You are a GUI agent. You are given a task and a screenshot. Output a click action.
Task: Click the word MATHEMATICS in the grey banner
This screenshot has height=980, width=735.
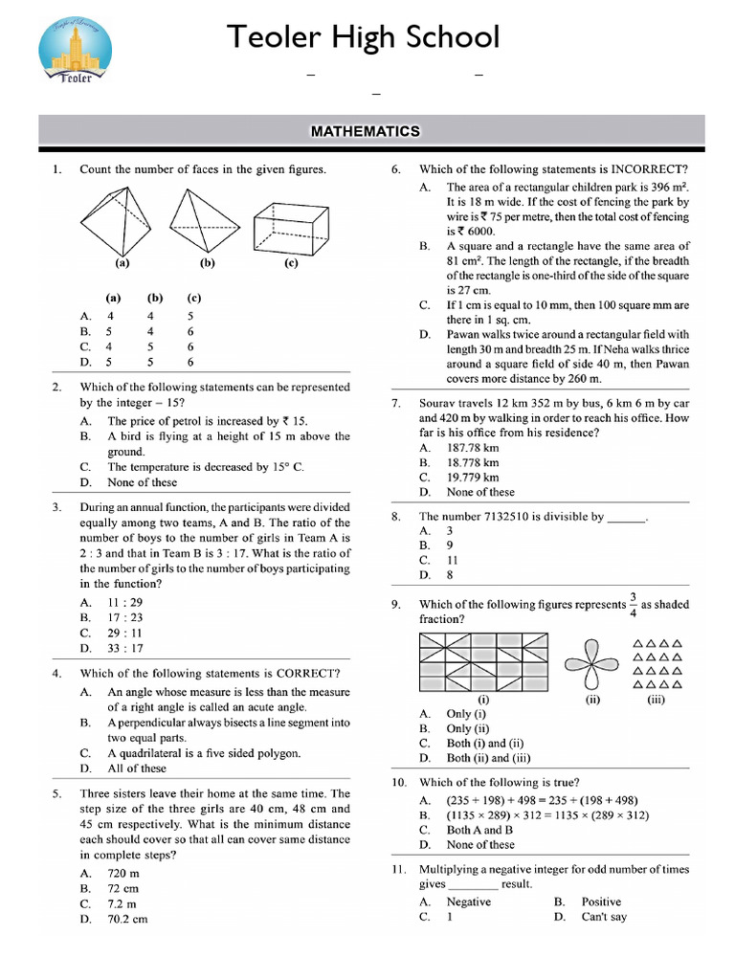pyautogui.click(x=366, y=131)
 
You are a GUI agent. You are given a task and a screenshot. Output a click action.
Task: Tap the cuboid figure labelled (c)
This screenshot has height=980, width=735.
pyautogui.click(x=291, y=226)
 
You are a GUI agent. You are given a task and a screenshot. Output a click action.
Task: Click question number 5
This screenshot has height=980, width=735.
pyautogui.click(x=57, y=793)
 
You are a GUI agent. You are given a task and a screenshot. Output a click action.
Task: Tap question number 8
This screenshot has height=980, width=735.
pyautogui.click(x=396, y=517)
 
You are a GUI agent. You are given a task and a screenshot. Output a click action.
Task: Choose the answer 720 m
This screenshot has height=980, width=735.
pyautogui.click(x=123, y=874)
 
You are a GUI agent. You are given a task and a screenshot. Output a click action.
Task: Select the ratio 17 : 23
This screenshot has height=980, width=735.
pyautogui.click(x=124, y=617)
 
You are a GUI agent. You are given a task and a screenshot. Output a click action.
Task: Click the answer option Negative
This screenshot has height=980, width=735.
pyautogui.click(x=468, y=902)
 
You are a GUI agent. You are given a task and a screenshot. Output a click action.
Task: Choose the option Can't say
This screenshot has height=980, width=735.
pyautogui.click(x=604, y=917)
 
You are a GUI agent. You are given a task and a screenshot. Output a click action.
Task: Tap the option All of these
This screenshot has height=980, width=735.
pyautogui.click(x=137, y=768)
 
